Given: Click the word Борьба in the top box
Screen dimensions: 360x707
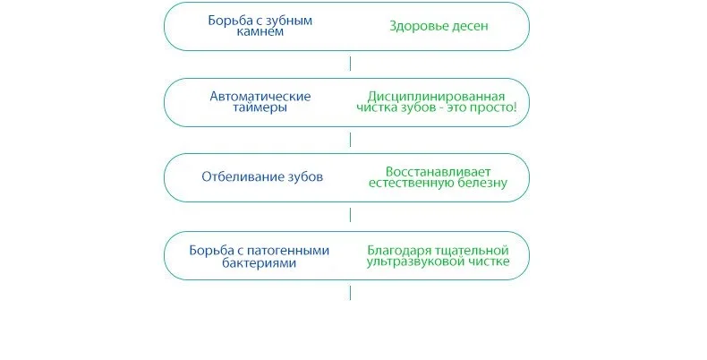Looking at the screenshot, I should click(226, 20).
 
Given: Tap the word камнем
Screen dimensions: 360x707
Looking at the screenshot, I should click(260, 31).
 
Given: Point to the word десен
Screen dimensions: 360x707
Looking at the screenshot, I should click(471, 26).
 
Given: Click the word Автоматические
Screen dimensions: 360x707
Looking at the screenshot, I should click(260, 95).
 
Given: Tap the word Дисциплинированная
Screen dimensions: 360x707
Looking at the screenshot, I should click(436, 95).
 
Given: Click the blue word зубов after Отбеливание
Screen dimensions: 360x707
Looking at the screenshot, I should click(303, 176).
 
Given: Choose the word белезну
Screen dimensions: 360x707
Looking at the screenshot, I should click(484, 183).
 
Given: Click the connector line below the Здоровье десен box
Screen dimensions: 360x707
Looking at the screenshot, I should click(350, 64).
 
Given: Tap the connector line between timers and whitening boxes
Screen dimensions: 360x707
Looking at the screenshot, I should click(350, 139).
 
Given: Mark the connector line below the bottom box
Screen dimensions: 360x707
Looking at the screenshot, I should click(350, 293).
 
